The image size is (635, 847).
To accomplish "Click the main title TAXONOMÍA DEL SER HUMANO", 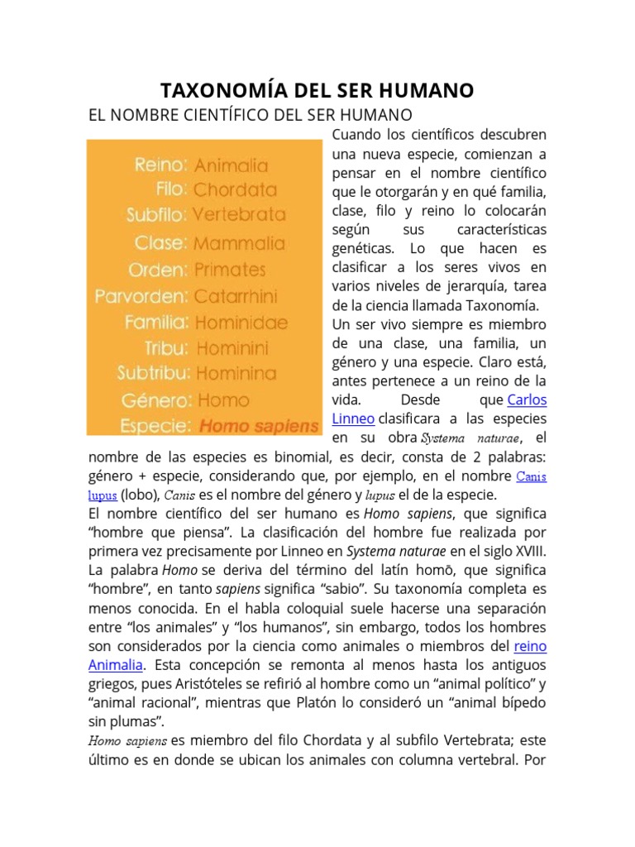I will (x=316, y=90).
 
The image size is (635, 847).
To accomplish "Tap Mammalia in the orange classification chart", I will (x=238, y=243).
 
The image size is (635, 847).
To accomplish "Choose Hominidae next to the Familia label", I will (x=241, y=322).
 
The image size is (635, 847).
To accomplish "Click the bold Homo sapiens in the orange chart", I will (x=258, y=427).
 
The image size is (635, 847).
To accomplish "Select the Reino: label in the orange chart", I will (x=160, y=165).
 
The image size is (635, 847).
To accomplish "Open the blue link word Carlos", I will (x=527, y=400).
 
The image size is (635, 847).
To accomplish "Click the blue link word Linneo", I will (x=352, y=419).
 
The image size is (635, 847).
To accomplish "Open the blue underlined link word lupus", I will (x=102, y=495).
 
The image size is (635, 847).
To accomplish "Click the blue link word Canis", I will (x=531, y=476).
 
